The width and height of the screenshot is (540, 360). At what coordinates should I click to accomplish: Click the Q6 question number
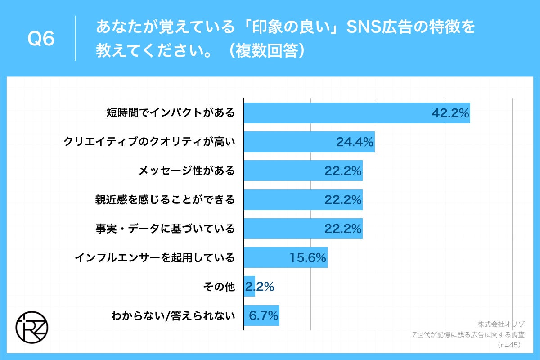(41, 40)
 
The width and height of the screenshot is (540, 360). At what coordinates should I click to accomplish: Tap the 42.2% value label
(450, 113)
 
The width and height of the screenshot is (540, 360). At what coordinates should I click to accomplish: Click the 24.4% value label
(355, 142)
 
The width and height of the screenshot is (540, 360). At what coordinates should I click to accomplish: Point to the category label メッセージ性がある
(186, 171)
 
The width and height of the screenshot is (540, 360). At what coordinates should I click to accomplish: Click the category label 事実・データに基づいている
(165, 229)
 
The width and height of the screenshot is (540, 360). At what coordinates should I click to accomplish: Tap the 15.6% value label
(307, 257)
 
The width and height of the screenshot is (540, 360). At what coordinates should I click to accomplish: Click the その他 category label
(223, 286)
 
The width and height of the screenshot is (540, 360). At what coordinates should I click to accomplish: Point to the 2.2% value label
(260, 287)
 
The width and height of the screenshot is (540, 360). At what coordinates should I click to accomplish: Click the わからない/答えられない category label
(173, 315)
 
